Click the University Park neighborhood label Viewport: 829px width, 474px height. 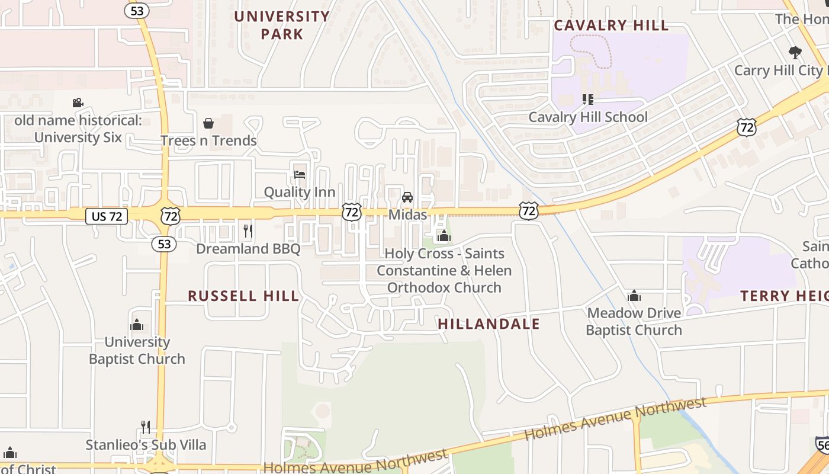tap(282, 25)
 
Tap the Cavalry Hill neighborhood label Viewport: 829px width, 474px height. tap(611, 25)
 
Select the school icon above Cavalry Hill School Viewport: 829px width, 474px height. tap(587, 100)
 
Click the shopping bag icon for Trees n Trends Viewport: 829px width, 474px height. tap(208, 123)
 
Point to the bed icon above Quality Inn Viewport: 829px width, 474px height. tap(300, 175)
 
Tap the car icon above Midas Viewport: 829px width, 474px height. tap(407, 197)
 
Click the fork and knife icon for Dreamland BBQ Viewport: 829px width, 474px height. tap(248, 230)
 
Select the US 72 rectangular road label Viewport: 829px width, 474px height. tap(107, 216)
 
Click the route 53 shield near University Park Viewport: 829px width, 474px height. tap(136, 11)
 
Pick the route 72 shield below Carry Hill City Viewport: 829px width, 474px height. tap(747, 127)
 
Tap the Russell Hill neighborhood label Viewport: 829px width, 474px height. tap(243, 296)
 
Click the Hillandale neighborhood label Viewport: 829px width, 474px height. tap(489, 324)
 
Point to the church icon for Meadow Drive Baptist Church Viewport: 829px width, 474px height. tap(634, 296)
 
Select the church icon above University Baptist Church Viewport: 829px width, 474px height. tap(137, 325)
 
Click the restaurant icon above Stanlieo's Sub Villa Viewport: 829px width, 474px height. tap(146, 427)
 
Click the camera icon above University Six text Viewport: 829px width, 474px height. tap(78, 103)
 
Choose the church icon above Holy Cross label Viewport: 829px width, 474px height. tap(444, 236)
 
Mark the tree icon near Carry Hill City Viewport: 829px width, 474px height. tap(795, 52)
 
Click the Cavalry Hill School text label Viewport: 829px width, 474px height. tap(587, 117)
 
